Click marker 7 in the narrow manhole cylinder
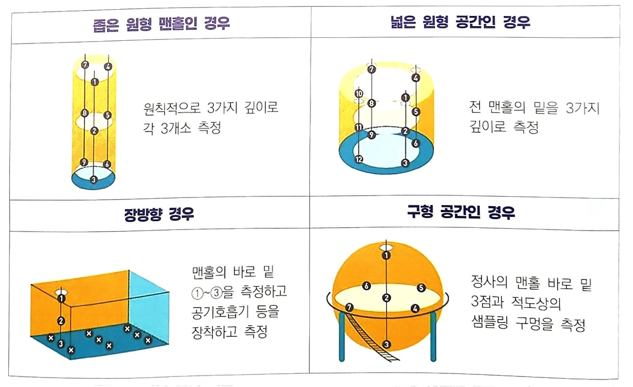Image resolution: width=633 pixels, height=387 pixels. [85, 64]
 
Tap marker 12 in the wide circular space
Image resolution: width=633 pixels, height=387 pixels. [359, 159]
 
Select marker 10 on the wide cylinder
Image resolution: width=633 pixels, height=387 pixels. [359, 94]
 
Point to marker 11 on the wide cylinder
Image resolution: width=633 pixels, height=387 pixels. [359, 128]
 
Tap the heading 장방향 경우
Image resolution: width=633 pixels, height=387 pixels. [159, 214]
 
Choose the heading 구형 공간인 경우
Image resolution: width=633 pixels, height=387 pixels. [460, 212]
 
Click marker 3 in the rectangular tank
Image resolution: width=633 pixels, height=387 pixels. [61, 344]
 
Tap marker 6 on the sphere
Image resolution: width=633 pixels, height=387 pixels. [366, 286]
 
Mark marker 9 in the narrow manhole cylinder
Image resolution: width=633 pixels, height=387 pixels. [84, 162]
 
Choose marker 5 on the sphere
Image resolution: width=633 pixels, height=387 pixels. [421, 288]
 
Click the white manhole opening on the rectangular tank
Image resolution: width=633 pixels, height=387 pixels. [62, 292]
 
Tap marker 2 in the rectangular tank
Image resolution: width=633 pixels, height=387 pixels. [61, 321]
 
